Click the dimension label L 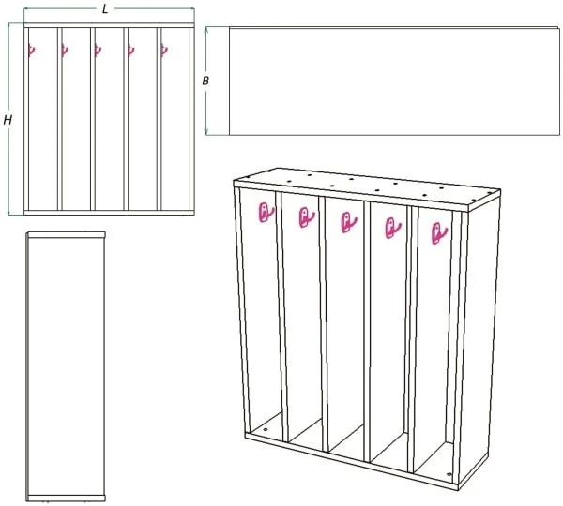pos(105,9)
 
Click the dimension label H pos(8,120)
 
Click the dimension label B pos(205,81)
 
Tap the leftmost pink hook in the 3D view pos(266,213)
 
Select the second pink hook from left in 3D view pos(306,217)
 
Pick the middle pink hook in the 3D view pos(348,222)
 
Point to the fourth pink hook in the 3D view pos(392,228)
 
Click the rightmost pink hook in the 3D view pos(439,233)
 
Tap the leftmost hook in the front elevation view pos(32,51)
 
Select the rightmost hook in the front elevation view pos(164,51)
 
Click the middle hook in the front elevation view pos(98,51)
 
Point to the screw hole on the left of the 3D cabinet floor pos(266,429)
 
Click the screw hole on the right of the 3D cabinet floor pos(449,474)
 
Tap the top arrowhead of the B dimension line pos(206,29)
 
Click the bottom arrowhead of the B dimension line pos(206,132)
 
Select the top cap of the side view pos(66,234)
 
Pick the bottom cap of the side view pos(66,499)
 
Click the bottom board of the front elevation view pos(109,213)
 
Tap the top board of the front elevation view pos(109,25)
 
